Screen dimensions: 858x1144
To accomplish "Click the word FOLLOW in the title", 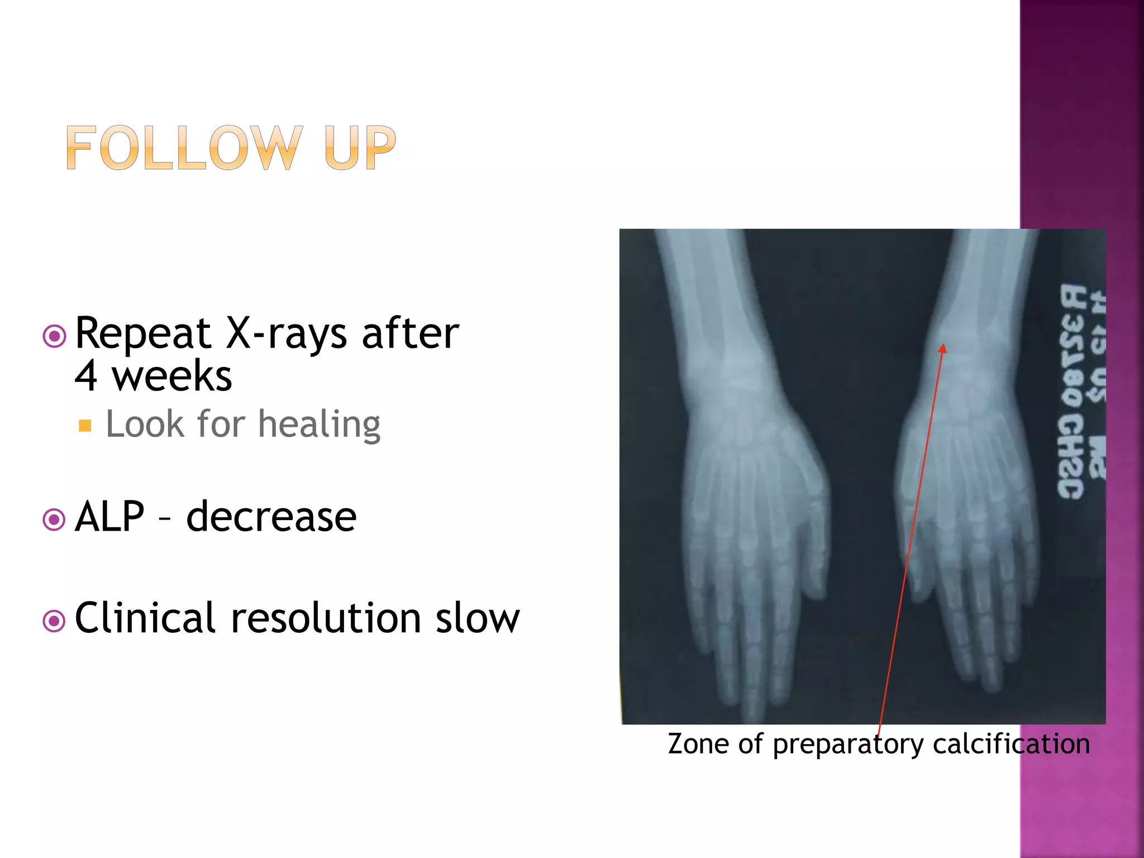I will [184, 147].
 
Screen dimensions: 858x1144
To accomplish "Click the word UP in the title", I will [360, 147].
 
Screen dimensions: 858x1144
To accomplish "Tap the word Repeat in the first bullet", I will [142, 333].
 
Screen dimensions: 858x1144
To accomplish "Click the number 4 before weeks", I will [87, 376].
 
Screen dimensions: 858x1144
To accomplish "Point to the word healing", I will [319, 424].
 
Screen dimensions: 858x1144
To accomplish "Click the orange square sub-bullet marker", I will [85, 426].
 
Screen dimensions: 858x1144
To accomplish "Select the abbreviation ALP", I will [109, 517].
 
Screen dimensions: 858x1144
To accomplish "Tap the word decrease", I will [271, 517].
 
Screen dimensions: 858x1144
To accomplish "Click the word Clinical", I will [145, 618].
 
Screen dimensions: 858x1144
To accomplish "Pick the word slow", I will [478, 618].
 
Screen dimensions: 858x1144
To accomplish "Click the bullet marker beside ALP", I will [54, 520].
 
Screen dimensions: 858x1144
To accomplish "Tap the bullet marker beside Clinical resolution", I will [54, 621].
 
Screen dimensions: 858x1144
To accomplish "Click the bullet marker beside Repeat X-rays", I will [54, 336].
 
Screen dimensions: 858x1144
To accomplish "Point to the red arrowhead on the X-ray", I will [943, 349].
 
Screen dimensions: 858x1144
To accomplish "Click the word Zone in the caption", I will [698, 744].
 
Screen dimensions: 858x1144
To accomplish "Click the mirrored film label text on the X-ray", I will [1081, 391].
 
